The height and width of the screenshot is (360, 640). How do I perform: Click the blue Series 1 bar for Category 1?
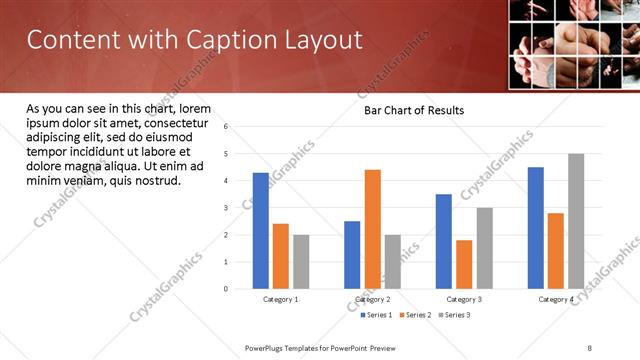point(261,231)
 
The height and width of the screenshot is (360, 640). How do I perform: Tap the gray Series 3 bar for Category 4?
point(576,221)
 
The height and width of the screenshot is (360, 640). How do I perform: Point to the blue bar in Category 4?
point(536,228)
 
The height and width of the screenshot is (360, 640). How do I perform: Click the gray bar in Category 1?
point(301,262)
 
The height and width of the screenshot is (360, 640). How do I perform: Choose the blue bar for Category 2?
point(352,255)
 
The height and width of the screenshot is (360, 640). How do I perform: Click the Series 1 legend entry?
point(378,315)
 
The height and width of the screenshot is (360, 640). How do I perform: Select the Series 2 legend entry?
point(416,315)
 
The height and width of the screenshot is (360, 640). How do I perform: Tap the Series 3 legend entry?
point(454,315)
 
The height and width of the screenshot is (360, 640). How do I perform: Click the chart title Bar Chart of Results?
point(414,110)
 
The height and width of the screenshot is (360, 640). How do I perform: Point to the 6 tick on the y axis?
point(227,127)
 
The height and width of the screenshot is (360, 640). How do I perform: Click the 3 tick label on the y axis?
point(227,208)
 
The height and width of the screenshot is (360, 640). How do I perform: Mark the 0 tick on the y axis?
point(227,289)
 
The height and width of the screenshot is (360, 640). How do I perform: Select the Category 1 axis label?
point(281,299)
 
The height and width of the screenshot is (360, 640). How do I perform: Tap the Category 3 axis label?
point(464,299)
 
